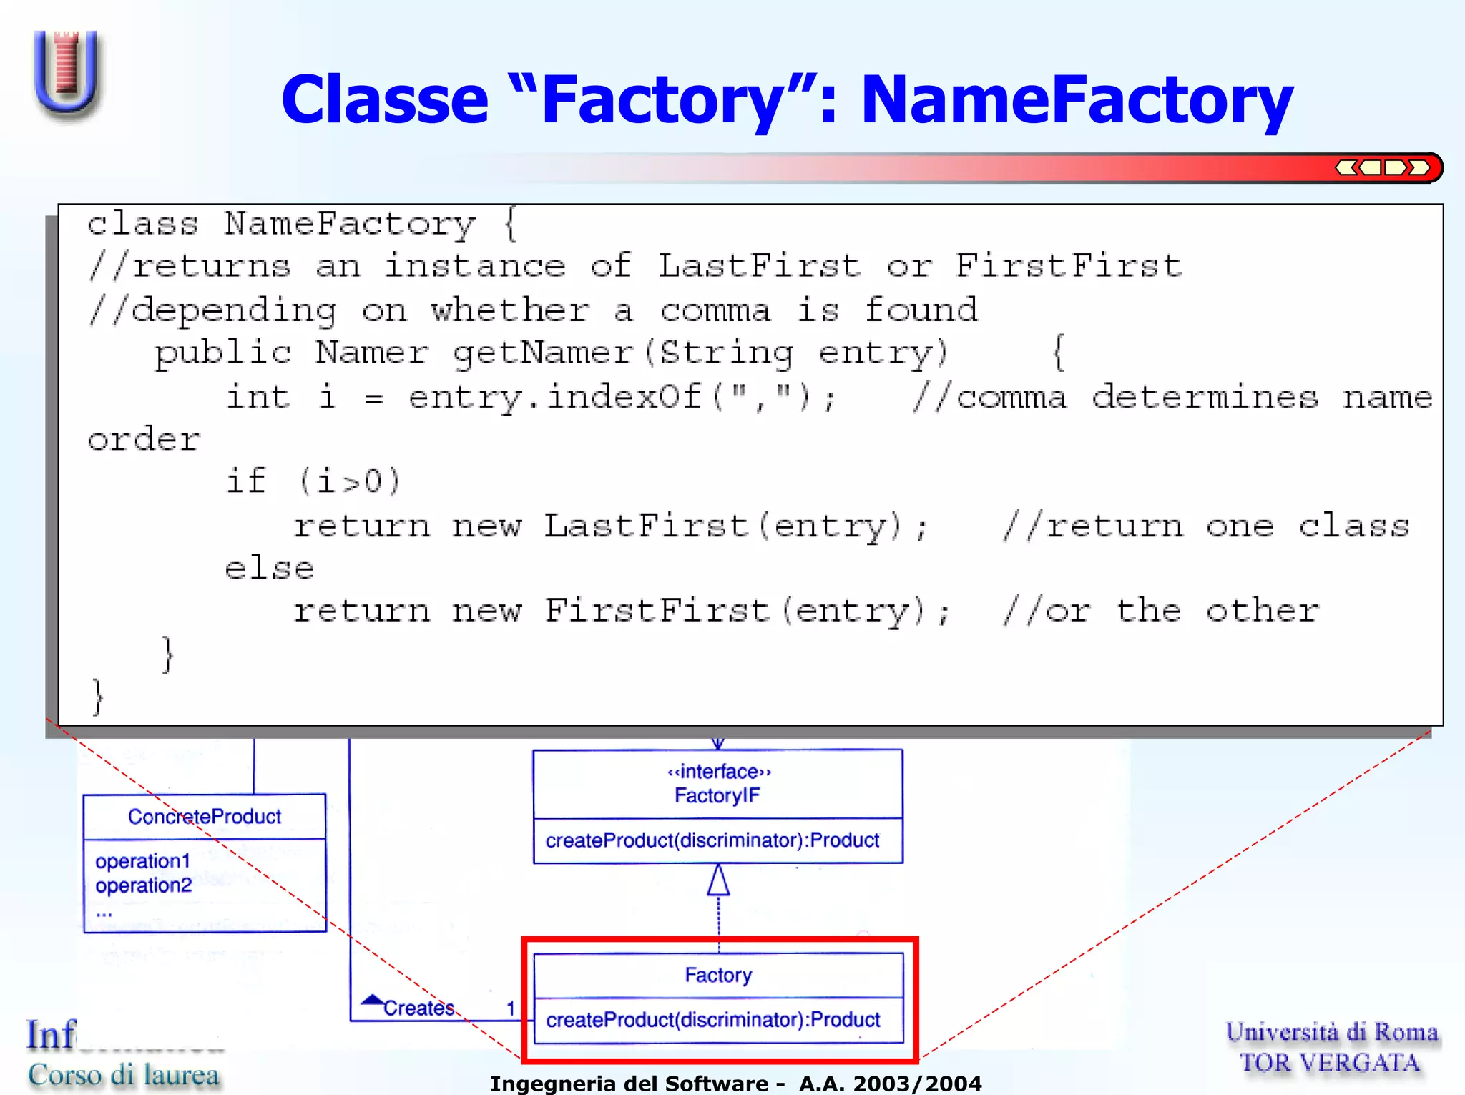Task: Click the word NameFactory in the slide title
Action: point(1077,100)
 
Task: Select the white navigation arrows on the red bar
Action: point(1382,168)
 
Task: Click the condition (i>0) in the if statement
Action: point(349,481)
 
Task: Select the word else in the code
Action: point(269,569)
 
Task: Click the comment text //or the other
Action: point(1160,611)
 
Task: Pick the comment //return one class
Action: point(1206,526)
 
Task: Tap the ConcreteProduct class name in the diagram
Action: point(205,816)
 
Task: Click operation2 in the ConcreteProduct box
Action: point(143,885)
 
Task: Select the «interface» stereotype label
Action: point(718,772)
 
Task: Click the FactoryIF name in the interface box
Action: point(717,795)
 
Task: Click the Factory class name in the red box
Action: point(718,975)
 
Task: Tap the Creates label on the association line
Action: point(418,1008)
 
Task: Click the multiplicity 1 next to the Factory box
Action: point(511,1008)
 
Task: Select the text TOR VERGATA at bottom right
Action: point(1331,1063)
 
